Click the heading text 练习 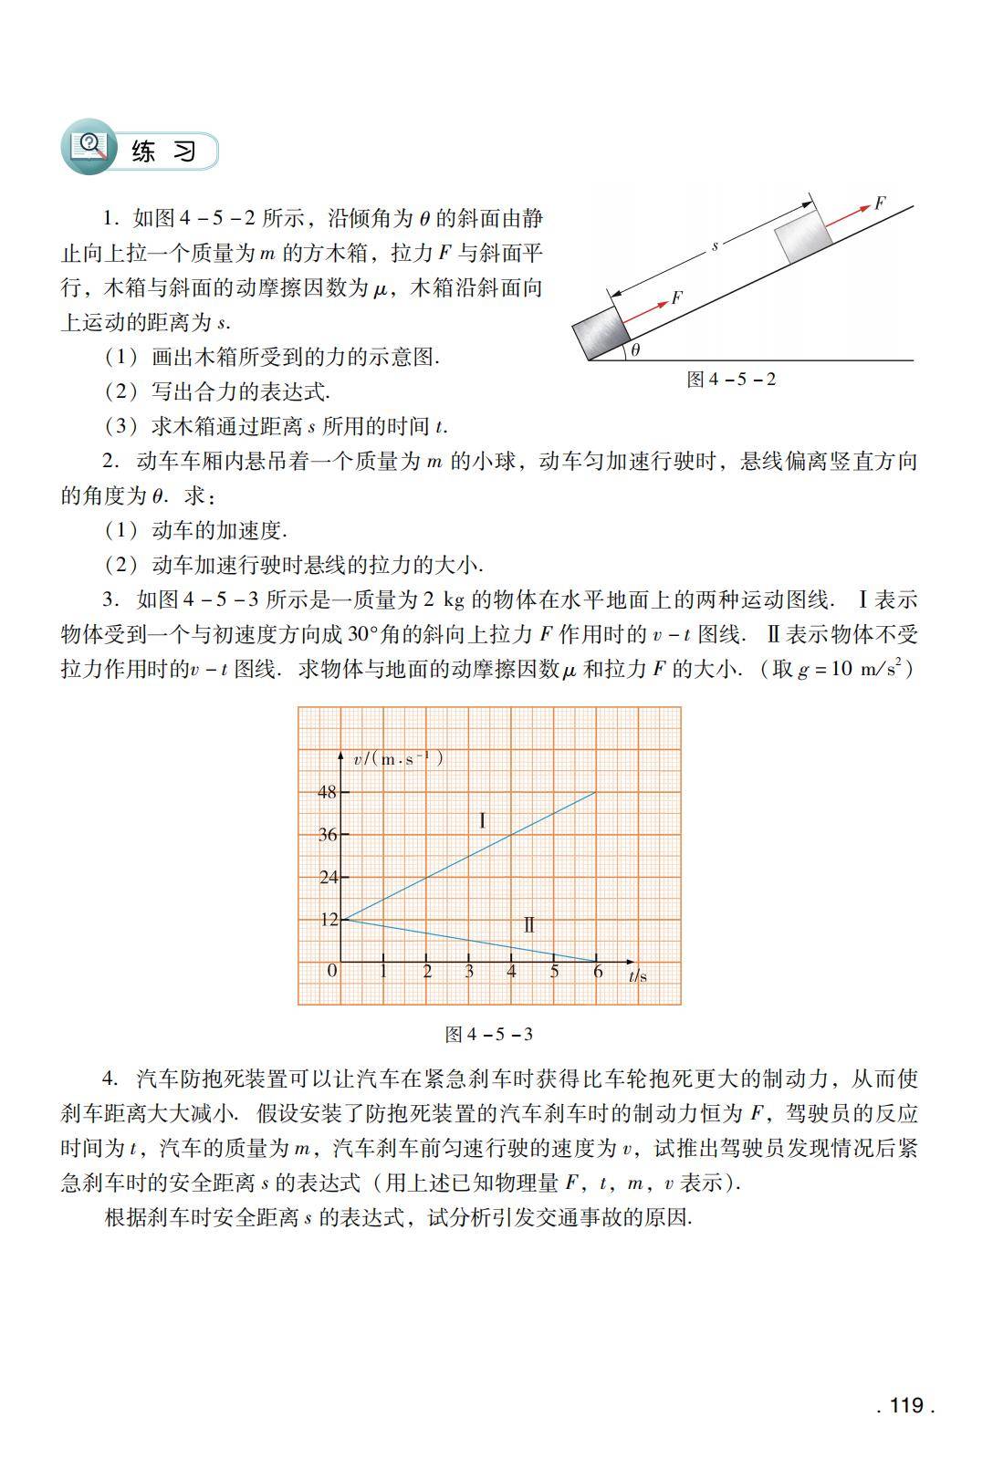(x=163, y=151)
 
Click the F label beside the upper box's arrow (x=880, y=203)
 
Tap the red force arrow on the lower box (x=645, y=310)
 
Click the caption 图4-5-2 (x=731, y=379)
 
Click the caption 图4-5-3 (x=488, y=1034)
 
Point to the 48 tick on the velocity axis (x=327, y=792)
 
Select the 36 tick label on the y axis (x=327, y=835)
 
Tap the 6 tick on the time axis (x=598, y=973)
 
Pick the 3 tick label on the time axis (x=469, y=973)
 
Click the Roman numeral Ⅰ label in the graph (x=482, y=820)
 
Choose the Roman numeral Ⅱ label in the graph (x=529, y=925)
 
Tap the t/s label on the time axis (x=638, y=975)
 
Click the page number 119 (x=905, y=1405)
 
